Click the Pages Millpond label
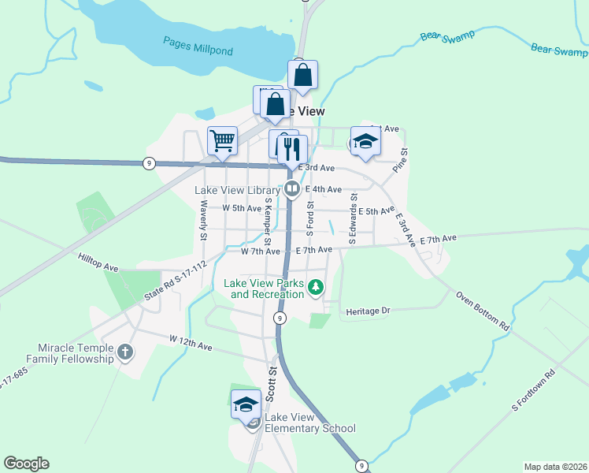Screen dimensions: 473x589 click(x=198, y=46)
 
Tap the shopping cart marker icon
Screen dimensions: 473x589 click(x=223, y=141)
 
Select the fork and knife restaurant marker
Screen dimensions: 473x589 click(x=292, y=147)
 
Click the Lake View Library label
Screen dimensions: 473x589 click(x=237, y=190)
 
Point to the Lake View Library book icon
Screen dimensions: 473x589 click(x=291, y=188)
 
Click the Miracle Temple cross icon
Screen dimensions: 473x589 click(x=125, y=352)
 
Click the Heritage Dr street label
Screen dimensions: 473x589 click(x=369, y=312)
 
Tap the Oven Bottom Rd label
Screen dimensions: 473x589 click(x=483, y=310)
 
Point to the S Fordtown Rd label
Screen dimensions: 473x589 click(x=534, y=390)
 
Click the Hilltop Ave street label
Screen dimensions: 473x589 click(x=98, y=262)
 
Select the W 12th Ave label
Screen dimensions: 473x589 click(x=191, y=342)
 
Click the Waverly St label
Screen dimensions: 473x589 click(x=202, y=221)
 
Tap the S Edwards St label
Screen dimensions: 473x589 click(x=353, y=220)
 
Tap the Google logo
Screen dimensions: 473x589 click(x=26, y=464)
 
